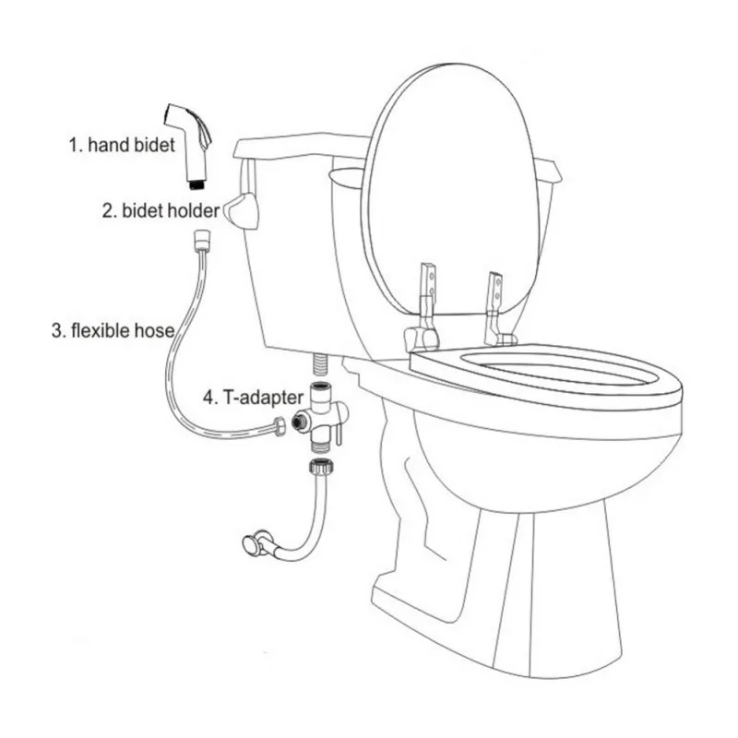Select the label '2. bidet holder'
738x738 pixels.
160,210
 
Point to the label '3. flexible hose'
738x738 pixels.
113,330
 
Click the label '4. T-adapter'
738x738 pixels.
252,399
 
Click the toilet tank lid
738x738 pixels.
295,148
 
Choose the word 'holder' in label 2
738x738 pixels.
195,210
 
